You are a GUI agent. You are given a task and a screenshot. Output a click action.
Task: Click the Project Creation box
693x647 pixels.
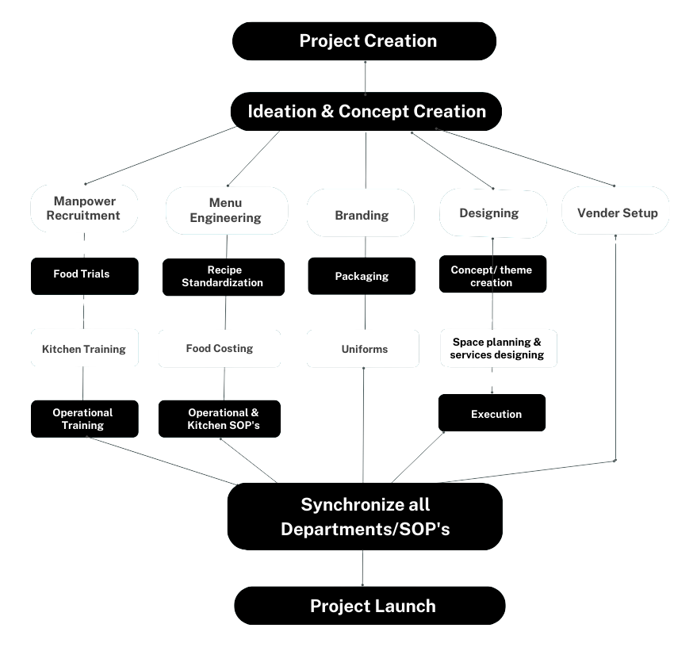365,41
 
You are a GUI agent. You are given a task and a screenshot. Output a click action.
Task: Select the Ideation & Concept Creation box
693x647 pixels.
366,111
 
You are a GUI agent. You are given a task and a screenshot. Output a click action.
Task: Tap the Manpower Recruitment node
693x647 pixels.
84,208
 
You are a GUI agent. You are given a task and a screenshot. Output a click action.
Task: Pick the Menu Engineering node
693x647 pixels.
226,210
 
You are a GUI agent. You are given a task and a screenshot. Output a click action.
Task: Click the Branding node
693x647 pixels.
362,215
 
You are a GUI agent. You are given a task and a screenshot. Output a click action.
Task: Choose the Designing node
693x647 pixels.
492,212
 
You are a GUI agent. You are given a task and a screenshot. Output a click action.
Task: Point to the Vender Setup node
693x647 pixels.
616,212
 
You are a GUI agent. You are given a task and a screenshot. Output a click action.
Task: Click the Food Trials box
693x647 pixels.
82,274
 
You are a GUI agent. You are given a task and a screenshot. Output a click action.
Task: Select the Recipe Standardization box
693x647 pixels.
223,276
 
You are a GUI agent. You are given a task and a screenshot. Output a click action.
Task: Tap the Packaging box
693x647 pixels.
362,276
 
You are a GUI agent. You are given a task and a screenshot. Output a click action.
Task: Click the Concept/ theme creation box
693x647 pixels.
492,276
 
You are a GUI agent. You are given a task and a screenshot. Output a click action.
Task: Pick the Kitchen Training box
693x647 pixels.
84,349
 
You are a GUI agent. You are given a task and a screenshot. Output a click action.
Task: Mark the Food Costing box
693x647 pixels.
220,348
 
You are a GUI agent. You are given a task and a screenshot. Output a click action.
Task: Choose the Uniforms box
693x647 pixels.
363,349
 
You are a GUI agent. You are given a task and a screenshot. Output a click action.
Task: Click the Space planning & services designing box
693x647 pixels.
498,348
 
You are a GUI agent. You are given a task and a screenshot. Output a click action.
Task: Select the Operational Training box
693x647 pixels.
84,419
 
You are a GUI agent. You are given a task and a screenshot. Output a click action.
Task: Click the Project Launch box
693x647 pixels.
369,607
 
